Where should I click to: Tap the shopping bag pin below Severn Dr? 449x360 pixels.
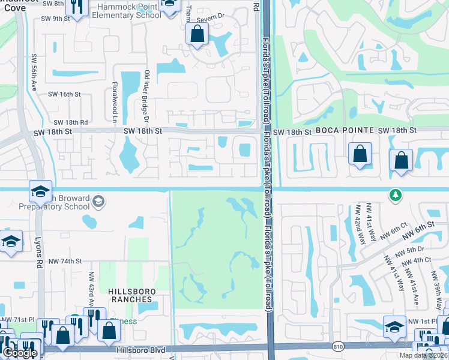click(x=197, y=35)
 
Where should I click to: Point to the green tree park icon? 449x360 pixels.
click(x=395, y=195)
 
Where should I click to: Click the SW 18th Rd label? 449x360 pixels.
click(x=72, y=121)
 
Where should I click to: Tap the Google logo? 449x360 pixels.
click(x=19, y=353)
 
